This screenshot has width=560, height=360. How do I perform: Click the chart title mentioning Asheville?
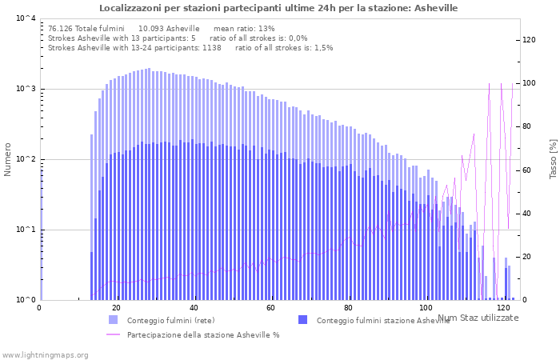tap(278, 8)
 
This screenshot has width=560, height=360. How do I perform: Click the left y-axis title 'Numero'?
tap(8, 159)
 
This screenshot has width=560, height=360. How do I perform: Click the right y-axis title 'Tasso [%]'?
tap(552, 159)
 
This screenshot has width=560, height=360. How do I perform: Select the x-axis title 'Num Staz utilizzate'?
tap(478, 318)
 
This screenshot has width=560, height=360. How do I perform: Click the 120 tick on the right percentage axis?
tap(529, 40)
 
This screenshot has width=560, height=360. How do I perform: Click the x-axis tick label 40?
tap(194, 308)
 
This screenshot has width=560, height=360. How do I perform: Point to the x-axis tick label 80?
tap(348, 308)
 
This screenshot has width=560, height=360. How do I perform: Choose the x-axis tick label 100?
tap(426, 308)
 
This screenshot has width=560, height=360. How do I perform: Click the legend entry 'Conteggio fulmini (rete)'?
tap(170, 321)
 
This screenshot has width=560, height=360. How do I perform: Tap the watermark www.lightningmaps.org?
tap(44, 354)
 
